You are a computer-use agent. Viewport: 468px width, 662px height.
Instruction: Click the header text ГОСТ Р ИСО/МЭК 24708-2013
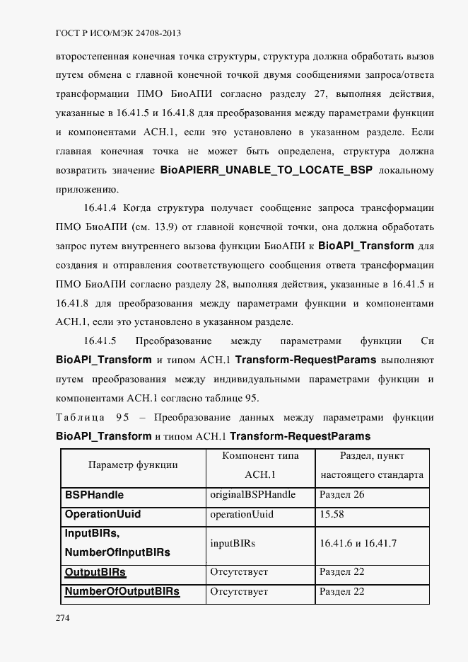click(113, 33)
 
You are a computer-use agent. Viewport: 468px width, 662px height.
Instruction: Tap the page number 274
click(63, 618)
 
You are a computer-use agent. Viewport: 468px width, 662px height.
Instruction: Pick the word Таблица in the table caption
click(81, 417)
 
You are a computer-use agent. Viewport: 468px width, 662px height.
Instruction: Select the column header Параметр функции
click(132, 465)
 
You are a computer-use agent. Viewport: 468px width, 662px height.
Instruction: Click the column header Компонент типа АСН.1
click(260, 465)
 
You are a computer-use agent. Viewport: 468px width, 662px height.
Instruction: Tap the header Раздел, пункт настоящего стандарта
click(372, 465)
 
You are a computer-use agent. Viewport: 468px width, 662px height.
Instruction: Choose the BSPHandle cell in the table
click(94, 495)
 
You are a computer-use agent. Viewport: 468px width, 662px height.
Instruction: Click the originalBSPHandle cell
click(252, 494)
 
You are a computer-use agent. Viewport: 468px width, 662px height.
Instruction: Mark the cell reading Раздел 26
click(342, 494)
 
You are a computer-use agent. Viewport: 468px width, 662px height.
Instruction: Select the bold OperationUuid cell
click(103, 514)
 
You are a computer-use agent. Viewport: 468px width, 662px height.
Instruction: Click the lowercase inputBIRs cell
click(233, 543)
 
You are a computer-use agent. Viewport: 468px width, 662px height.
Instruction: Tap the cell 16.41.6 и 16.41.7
click(358, 543)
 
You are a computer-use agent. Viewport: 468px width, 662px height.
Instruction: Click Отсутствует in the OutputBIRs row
click(239, 571)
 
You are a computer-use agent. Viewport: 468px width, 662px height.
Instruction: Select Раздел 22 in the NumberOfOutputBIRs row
click(342, 592)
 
